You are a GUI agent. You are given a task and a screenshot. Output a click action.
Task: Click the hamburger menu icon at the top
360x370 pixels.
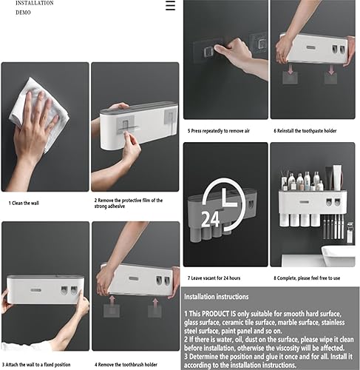pos(170,6)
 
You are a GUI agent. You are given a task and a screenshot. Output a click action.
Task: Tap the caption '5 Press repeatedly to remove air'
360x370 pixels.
pos(220,131)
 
